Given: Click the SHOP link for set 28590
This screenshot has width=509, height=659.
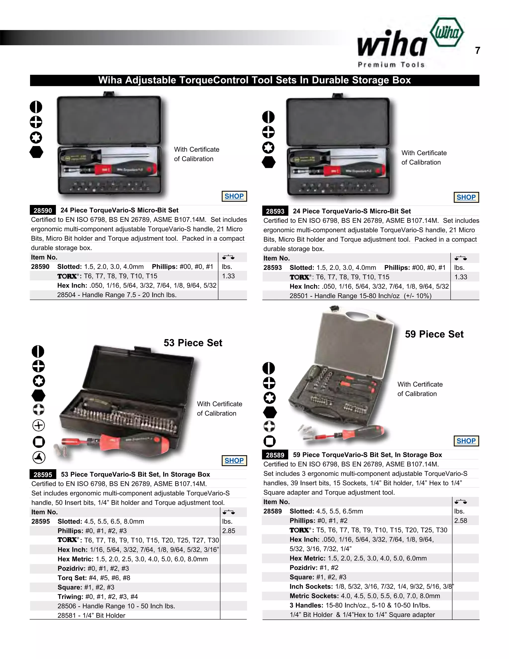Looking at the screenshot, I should [234, 196].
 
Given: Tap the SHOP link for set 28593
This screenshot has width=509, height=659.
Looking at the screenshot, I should [466, 197].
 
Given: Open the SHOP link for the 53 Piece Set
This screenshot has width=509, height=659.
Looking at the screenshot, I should [234, 461].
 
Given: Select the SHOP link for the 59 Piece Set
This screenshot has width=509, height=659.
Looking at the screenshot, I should [466, 441].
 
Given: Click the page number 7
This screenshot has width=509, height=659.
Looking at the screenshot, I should [477, 50].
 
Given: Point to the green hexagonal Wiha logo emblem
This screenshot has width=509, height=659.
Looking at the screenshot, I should [447, 32].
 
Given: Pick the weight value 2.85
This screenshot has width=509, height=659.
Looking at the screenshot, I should [229, 531].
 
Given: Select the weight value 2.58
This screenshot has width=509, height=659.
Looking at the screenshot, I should [461, 520].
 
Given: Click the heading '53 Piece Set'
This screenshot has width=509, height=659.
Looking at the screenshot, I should [193, 343].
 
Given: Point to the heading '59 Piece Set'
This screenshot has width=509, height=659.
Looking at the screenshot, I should [434, 334].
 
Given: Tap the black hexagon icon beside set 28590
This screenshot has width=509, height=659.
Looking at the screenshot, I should [37, 152].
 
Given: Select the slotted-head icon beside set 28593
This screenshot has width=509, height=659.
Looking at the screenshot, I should [268, 117].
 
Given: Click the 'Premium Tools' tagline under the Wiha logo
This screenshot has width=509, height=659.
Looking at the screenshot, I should [391, 65].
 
